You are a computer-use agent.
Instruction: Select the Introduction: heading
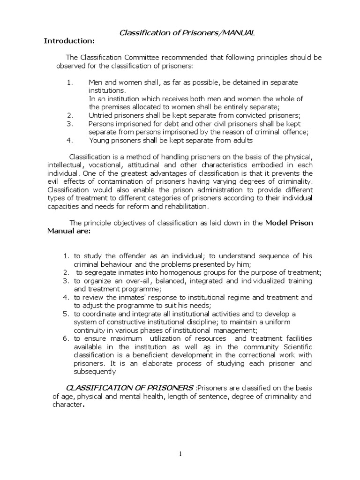(69, 41)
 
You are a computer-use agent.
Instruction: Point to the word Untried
(101, 115)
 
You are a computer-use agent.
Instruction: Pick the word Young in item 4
(99, 140)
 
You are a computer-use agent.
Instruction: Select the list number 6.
(65, 338)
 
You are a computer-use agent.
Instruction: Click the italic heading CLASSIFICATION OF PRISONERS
(129, 388)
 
